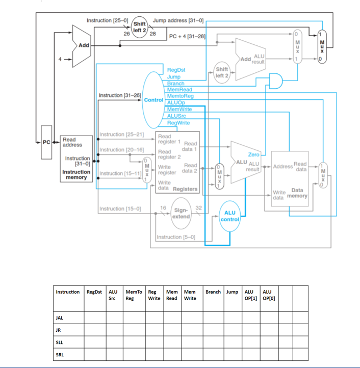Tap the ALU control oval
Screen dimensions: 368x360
[x=230, y=216]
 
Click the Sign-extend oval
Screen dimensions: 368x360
[x=181, y=213]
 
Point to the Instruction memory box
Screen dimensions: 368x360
[x=76, y=158]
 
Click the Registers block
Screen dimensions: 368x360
[x=177, y=162]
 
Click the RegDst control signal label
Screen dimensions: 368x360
[x=176, y=70]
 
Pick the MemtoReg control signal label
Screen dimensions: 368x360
[x=180, y=96]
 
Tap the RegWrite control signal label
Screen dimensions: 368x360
[x=178, y=123]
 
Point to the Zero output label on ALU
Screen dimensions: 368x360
[x=253, y=154]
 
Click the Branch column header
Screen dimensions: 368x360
[x=213, y=292]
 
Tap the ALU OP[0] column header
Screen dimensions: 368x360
[x=268, y=295]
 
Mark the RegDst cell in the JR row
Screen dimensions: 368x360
[x=95, y=330]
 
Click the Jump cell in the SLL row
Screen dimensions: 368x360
[x=233, y=342]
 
